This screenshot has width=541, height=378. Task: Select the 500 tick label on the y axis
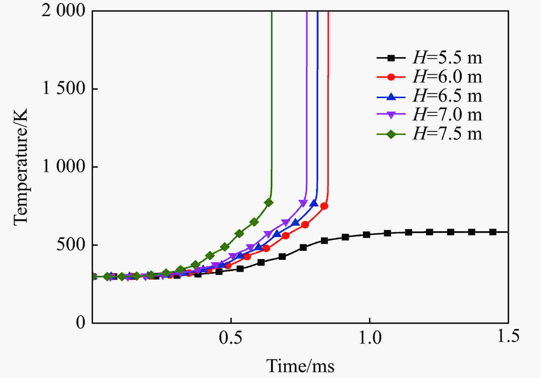(71, 244)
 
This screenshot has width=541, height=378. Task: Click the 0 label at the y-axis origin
(81, 322)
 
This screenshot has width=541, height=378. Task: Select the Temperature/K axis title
(21, 167)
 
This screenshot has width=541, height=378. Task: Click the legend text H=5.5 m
(447, 58)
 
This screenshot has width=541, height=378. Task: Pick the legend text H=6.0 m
(447, 77)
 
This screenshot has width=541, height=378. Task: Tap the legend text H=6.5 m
(447, 96)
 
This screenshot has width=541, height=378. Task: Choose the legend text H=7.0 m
(447, 115)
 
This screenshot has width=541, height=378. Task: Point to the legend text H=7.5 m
(447, 134)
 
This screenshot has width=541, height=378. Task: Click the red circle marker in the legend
(391, 77)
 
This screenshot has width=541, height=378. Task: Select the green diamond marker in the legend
(391, 134)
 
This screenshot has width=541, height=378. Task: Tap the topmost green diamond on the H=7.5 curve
(269, 202)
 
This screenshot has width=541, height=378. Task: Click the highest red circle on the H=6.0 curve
(324, 206)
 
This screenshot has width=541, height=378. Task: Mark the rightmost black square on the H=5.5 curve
(493, 232)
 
